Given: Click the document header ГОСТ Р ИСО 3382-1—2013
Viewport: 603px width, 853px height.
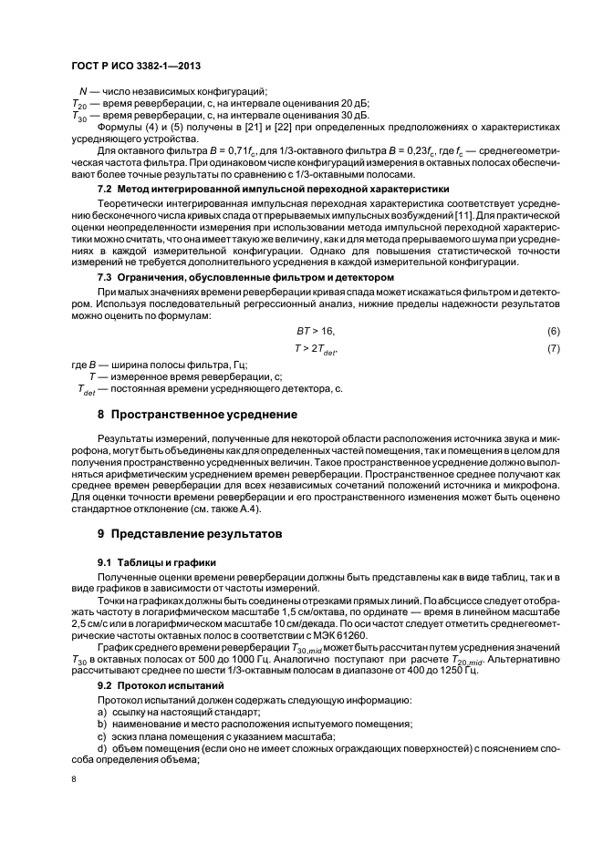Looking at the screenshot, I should click(135, 67).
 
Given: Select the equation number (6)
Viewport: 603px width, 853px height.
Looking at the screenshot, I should click(553, 331).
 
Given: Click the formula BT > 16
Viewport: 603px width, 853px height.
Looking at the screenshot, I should click(309, 331).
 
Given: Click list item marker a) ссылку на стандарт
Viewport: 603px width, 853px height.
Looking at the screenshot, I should click(101, 711).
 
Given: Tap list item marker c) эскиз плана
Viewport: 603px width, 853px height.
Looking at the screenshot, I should click(101, 735).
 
